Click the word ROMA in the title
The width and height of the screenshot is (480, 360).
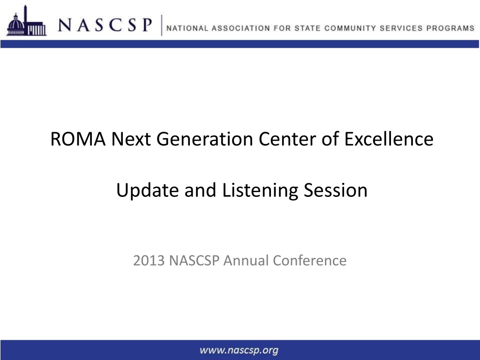78,139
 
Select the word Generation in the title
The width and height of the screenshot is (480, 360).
205,139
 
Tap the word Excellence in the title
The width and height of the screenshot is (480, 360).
389,139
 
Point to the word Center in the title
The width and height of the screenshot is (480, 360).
287,139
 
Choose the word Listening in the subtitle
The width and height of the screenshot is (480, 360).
260,190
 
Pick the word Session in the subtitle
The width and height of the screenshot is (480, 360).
335,190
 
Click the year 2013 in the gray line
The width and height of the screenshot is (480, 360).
149,261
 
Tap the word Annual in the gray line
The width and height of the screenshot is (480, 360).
246,261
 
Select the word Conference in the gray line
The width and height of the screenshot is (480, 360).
309,261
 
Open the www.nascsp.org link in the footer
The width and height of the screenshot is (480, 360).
239,350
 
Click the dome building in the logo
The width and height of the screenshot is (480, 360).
15,26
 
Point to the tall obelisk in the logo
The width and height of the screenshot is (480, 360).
26,20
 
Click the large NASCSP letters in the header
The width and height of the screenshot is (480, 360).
105,25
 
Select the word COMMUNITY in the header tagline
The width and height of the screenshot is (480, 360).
350,28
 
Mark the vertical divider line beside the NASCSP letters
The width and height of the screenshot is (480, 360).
161,25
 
